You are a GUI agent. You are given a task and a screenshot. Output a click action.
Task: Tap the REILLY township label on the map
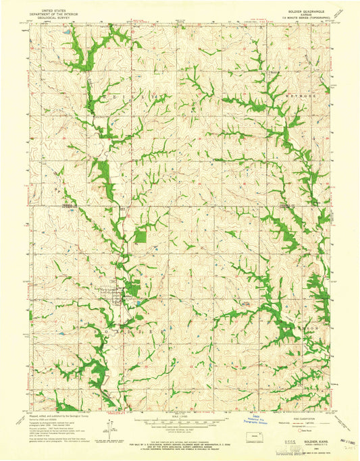click(x=135, y=98)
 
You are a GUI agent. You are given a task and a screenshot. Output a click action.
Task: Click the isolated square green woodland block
click(x=140, y=236)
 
